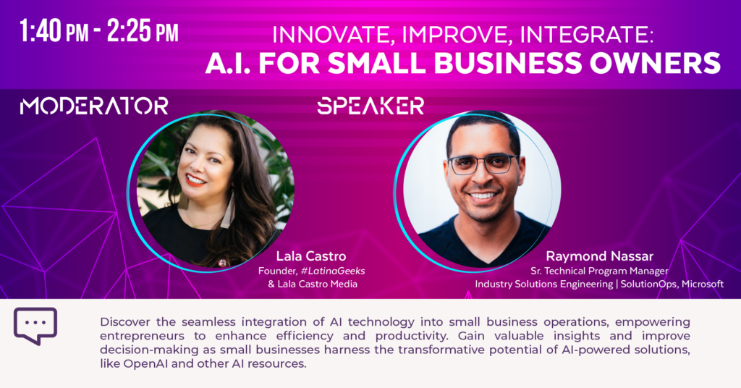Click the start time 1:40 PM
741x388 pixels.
pos(54,32)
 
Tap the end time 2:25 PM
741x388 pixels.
pos(143,32)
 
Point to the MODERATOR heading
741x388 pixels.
pos(94,106)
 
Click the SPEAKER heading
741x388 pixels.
pos(370,106)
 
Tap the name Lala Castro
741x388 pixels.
pos(311,256)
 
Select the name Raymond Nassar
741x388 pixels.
pos(599,256)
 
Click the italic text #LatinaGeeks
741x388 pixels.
pos(333,271)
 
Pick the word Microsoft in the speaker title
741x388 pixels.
pos(702,284)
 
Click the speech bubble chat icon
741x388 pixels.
pos(35,326)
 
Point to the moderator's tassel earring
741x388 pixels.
pos(229,211)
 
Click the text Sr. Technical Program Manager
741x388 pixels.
pos(599,271)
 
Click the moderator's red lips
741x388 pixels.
pos(195,180)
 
